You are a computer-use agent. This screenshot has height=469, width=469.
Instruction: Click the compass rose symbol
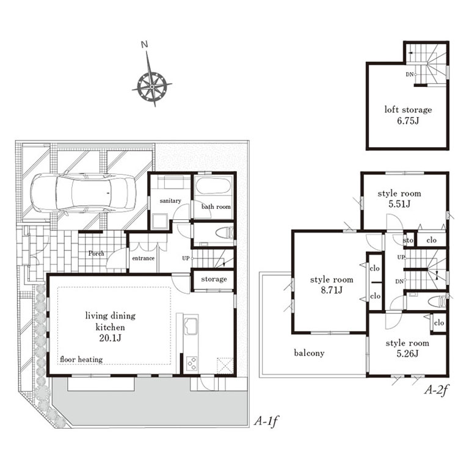tap(152, 86)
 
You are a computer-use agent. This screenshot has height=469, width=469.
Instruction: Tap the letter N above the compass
tap(145, 45)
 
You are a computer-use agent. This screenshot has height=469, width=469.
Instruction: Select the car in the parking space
tap(83, 194)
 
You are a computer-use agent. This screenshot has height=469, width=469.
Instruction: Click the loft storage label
tap(408, 109)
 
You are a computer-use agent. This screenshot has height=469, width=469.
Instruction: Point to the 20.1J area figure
tap(110, 338)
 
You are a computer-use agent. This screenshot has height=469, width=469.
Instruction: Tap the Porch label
tap(96, 253)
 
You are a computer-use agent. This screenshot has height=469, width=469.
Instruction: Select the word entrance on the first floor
tap(144, 258)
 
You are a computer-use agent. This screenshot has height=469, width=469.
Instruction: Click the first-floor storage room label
tap(214, 279)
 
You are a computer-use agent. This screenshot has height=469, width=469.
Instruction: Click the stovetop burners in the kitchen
tap(192, 364)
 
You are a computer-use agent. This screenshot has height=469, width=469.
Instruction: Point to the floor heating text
tap(81, 359)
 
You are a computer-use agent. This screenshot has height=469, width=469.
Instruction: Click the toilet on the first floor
tap(226, 233)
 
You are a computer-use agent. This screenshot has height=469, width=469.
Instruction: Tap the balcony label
tap(309, 353)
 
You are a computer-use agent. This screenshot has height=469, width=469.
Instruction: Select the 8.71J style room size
tap(332, 290)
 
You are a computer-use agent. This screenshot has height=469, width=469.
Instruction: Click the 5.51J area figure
tap(399, 204)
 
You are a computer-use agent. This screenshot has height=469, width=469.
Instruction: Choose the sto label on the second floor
tap(408, 240)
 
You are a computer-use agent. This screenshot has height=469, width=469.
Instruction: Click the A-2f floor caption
tap(437, 390)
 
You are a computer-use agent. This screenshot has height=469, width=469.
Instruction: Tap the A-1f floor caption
tap(266, 421)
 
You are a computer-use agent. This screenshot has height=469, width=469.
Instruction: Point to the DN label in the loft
tap(410, 74)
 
